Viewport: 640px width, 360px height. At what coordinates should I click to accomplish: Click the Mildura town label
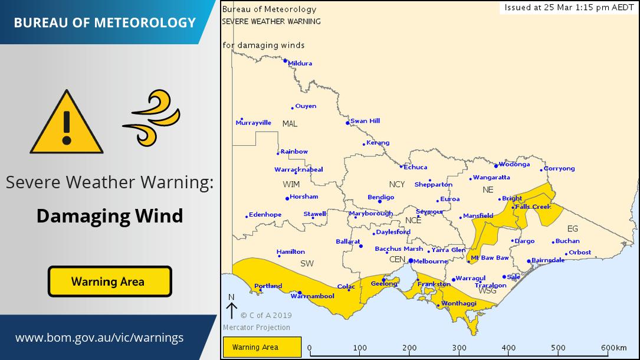[x=300, y=63]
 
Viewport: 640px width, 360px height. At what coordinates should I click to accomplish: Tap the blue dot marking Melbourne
[x=411, y=260]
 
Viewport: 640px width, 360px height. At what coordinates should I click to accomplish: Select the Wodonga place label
[x=514, y=165]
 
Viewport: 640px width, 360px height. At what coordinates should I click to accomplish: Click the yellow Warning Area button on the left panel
[x=110, y=282]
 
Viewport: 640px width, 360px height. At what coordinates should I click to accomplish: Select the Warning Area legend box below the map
[x=261, y=347]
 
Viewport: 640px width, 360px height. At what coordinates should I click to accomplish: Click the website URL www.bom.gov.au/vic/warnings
[x=99, y=338]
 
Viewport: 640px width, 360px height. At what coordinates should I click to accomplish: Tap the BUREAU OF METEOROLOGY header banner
[x=104, y=22]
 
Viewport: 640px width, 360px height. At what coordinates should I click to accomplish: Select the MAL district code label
[x=290, y=124]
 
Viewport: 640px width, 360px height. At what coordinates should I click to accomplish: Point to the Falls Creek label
[x=533, y=207]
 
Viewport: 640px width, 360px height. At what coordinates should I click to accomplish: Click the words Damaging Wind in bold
[x=110, y=216]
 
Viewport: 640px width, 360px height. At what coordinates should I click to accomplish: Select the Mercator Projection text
[x=257, y=328]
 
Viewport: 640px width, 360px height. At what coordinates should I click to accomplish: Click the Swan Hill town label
[x=365, y=121]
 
